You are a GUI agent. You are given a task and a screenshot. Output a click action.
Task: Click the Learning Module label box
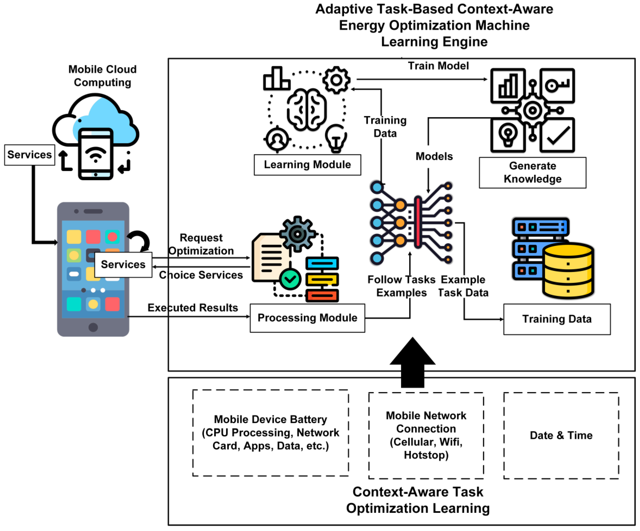(x=307, y=165)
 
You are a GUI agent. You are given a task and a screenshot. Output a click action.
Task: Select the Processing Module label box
(x=307, y=318)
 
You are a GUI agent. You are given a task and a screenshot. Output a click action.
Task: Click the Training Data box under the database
(x=557, y=319)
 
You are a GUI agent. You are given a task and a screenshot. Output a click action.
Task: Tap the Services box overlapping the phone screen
(x=123, y=265)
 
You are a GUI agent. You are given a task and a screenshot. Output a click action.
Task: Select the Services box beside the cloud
(x=30, y=155)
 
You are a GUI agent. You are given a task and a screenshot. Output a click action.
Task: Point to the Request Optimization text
(x=201, y=244)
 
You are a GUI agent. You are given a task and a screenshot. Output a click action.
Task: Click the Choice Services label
(x=201, y=275)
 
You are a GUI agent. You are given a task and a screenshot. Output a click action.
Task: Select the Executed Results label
(x=193, y=308)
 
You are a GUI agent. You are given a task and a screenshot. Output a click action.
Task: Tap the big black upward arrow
(x=412, y=362)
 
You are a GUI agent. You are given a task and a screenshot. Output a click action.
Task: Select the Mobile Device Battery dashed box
(x=270, y=433)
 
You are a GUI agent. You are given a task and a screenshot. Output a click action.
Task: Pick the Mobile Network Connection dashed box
(x=426, y=435)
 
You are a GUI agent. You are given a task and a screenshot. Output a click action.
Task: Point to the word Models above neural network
(x=434, y=156)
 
